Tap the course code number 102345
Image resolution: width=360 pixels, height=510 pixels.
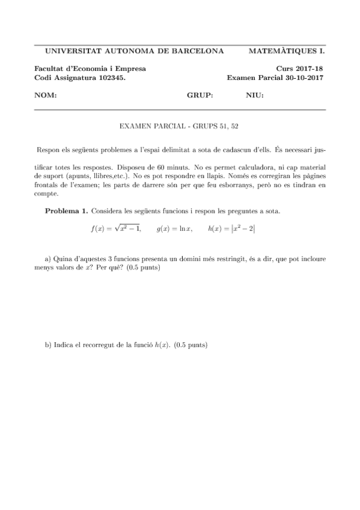pyautogui.click(x=109, y=78)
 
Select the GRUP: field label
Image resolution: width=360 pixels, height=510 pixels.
pyautogui.click(x=200, y=96)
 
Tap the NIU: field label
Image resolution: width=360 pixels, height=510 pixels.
pyautogui.click(x=255, y=96)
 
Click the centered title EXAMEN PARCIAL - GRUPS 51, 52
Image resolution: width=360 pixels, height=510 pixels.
pyautogui.click(x=180, y=126)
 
